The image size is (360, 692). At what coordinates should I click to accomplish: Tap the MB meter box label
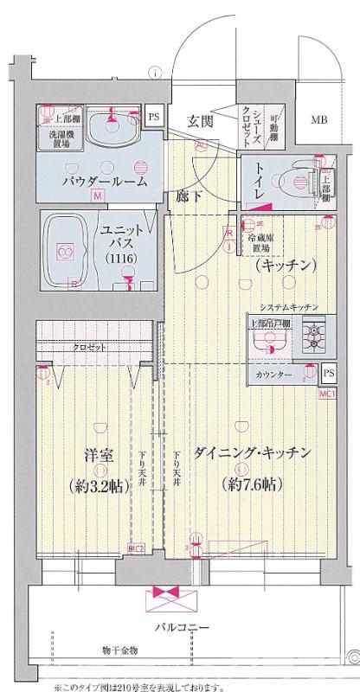point(319,120)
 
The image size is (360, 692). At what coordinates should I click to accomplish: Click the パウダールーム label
point(103,183)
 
